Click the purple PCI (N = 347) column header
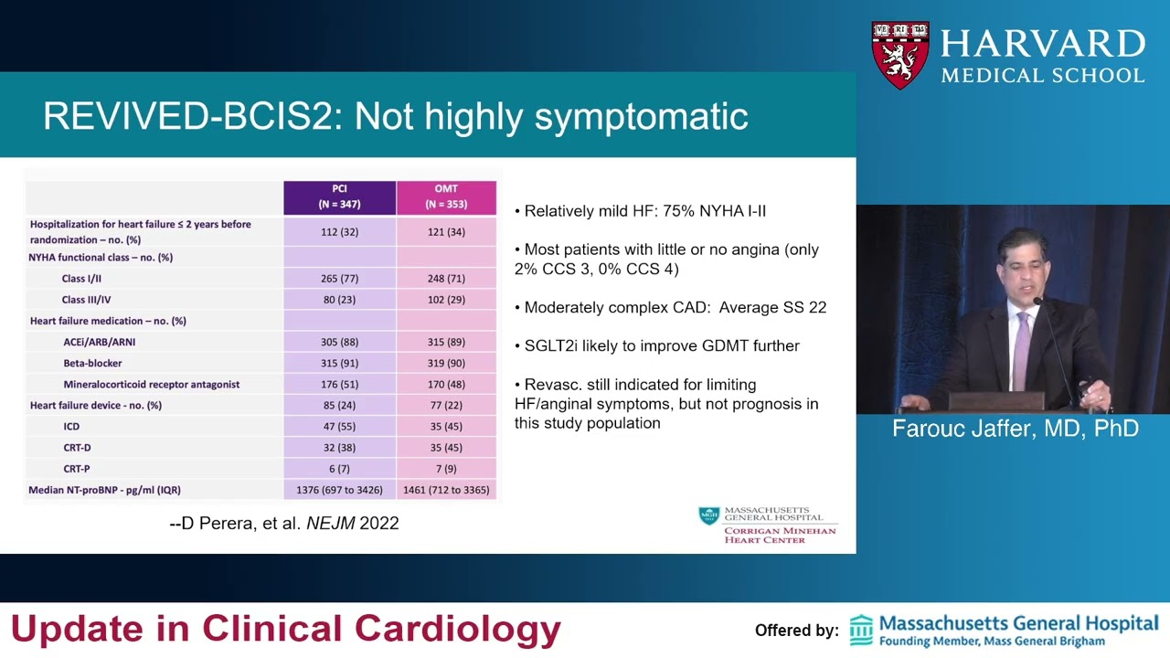click(x=339, y=197)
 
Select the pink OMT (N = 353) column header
click(x=446, y=197)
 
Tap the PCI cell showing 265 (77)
click(x=339, y=279)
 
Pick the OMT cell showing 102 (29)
click(x=446, y=300)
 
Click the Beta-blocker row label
click(x=92, y=363)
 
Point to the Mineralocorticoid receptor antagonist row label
click(x=152, y=385)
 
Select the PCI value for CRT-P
click(x=339, y=469)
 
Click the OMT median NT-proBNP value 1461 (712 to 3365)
click(x=446, y=490)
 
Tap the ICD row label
click(x=71, y=427)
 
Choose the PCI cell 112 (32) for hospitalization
click(x=339, y=232)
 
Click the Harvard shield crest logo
click(x=900, y=54)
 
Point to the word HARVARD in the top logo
click(x=1043, y=43)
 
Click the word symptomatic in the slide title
click(x=642, y=116)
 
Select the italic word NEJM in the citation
click(x=331, y=523)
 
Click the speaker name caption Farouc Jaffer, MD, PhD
click(x=1016, y=429)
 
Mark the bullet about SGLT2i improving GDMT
click(x=657, y=345)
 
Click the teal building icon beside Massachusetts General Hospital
click(x=861, y=631)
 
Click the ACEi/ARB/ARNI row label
click(x=100, y=342)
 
